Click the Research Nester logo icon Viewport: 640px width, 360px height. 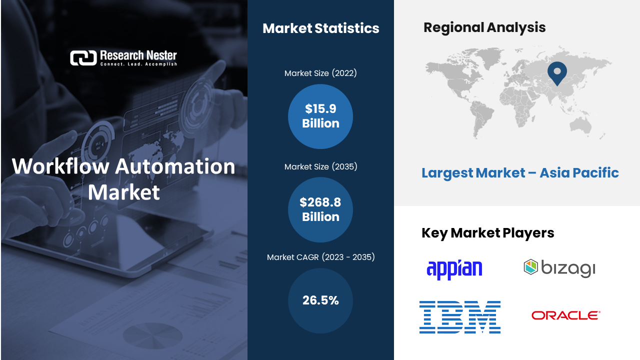[83, 58]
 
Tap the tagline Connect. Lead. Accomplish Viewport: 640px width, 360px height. [138, 64]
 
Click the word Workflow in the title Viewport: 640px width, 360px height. [60, 166]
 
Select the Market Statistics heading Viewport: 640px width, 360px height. [321, 28]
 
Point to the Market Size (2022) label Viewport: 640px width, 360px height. [320, 73]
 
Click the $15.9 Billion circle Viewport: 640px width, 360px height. [320, 116]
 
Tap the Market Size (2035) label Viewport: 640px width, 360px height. [320, 166]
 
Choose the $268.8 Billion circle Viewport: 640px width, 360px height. [320, 209]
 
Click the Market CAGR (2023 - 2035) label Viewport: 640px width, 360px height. [320, 257]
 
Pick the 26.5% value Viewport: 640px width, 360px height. [320, 300]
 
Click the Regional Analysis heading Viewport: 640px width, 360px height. [484, 27]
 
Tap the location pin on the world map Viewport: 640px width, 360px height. [557, 73]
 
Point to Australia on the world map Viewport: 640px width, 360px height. [580, 125]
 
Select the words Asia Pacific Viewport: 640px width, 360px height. [579, 172]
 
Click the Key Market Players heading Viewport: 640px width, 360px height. [487, 233]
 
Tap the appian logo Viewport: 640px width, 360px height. [454, 269]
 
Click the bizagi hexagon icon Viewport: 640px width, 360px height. [531, 267]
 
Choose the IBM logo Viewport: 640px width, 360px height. [460, 317]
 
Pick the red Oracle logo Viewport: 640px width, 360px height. [565, 315]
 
